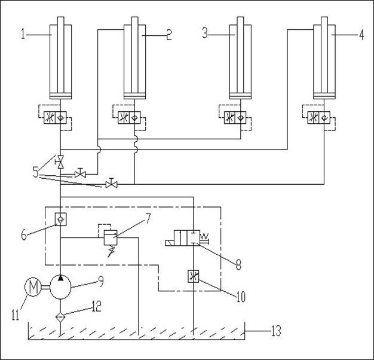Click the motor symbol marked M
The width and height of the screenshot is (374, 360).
coord(33,286)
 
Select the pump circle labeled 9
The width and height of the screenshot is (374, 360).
coord(60,287)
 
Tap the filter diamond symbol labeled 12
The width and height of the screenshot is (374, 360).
coord(60,318)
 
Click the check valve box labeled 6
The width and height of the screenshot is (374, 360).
coord(60,219)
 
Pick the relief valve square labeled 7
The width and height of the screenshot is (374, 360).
coord(111,237)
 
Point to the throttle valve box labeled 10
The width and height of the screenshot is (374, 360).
coord(193,276)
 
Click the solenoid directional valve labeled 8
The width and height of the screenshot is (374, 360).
coord(187,238)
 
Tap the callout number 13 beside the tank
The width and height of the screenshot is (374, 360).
coord(276,331)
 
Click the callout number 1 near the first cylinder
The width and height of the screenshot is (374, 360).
coord(23,33)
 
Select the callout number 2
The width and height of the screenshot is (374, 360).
coord(169,35)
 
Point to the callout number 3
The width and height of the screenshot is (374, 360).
coord(205,33)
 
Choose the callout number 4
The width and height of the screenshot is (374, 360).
coord(361,35)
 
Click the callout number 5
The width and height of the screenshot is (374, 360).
coord(35,172)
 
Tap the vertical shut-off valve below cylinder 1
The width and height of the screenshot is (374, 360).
coord(60,161)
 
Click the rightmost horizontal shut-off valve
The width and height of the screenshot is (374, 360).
coord(111,184)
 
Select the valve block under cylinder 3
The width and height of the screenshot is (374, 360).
coord(235,118)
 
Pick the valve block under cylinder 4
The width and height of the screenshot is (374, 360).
coord(318,118)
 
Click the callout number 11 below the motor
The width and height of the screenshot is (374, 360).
coord(16,315)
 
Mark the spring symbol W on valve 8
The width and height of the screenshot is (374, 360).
coord(204,236)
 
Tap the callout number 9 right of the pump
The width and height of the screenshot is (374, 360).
coord(101,282)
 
